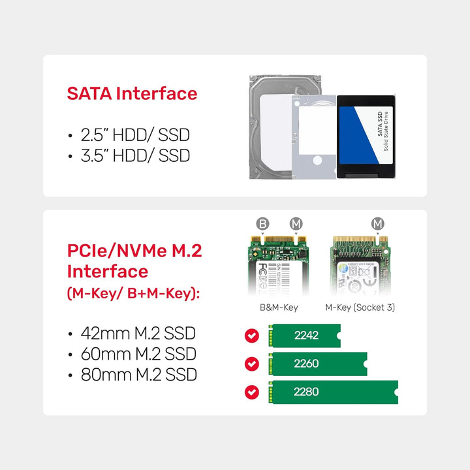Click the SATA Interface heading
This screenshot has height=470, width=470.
pyautogui.click(x=132, y=93)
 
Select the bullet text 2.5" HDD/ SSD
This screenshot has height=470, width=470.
pyautogui.click(x=134, y=135)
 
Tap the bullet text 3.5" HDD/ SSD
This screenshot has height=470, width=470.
pyautogui.click(x=134, y=155)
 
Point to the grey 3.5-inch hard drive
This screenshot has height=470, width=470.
pyautogui.click(x=268, y=124)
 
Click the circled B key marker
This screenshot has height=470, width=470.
pyautogui.click(x=262, y=225)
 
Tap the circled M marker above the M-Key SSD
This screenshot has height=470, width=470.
pyautogui.click(x=378, y=225)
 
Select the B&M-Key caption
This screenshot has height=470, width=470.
pyautogui.click(x=280, y=307)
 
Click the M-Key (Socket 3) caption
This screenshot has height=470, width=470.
pyautogui.click(x=360, y=307)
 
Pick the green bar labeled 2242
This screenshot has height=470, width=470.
pyautogui.click(x=305, y=336)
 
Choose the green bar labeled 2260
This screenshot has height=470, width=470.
pyautogui.click(x=319, y=364)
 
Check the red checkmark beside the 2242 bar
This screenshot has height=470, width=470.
pyautogui.click(x=251, y=336)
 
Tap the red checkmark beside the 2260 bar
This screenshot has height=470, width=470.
pyautogui.click(x=251, y=364)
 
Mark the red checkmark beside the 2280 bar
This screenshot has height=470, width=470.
pyautogui.click(x=251, y=392)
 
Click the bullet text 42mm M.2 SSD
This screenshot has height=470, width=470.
pyautogui.click(x=138, y=333)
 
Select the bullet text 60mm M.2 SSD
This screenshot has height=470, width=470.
pyautogui.click(x=138, y=354)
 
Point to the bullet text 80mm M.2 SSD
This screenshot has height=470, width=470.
pyautogui.click(x=138, y=375)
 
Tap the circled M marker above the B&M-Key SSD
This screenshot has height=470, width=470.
pyautogui.click(x=296, y=225)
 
